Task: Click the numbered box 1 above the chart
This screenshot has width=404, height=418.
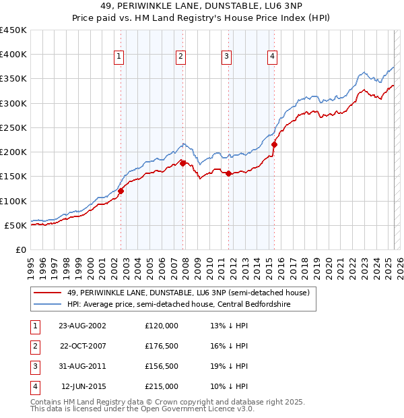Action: point(119,57)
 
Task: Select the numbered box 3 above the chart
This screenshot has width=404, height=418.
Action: point(226,57)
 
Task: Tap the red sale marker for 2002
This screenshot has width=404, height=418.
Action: point(121,191)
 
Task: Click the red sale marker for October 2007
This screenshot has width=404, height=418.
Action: point(182,163)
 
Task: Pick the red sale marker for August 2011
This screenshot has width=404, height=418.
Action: point(228,173)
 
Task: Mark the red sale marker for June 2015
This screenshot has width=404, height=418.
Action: point(274,144)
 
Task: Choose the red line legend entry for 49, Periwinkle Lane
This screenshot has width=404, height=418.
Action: point(188,293)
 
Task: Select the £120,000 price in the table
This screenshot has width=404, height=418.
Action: point(162,326)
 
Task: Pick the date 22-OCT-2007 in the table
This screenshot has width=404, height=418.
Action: point(83,346)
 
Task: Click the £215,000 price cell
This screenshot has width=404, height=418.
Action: point(162,386)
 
